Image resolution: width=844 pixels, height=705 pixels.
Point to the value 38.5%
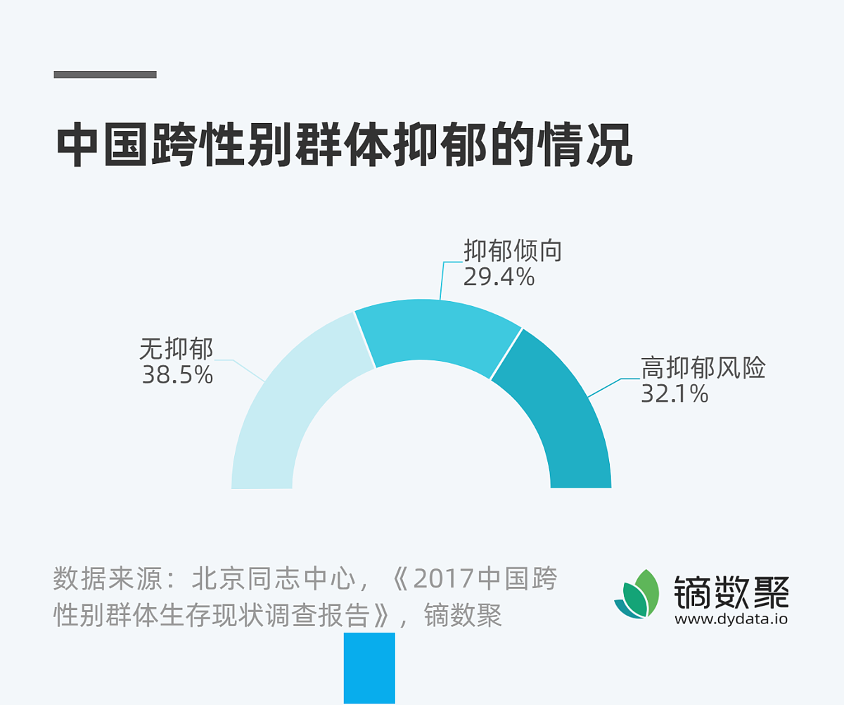(177, 375)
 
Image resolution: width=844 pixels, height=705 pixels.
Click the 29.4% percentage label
(499, 278)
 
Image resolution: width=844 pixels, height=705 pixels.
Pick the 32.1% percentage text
(674, 394)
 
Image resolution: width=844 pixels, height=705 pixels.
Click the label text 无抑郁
(176, 349)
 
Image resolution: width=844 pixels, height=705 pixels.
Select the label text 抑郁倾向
(512, 251)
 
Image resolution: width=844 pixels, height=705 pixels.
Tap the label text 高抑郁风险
(703, 368)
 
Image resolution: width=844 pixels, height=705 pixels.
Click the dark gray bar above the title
(105, 75)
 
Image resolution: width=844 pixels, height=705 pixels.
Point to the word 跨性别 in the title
(199, 146)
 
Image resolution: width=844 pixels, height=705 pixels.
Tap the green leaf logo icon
(637, 595)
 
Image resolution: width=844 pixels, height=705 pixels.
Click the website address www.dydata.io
(731, 620)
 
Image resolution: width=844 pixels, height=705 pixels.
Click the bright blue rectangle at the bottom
(369, 668)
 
